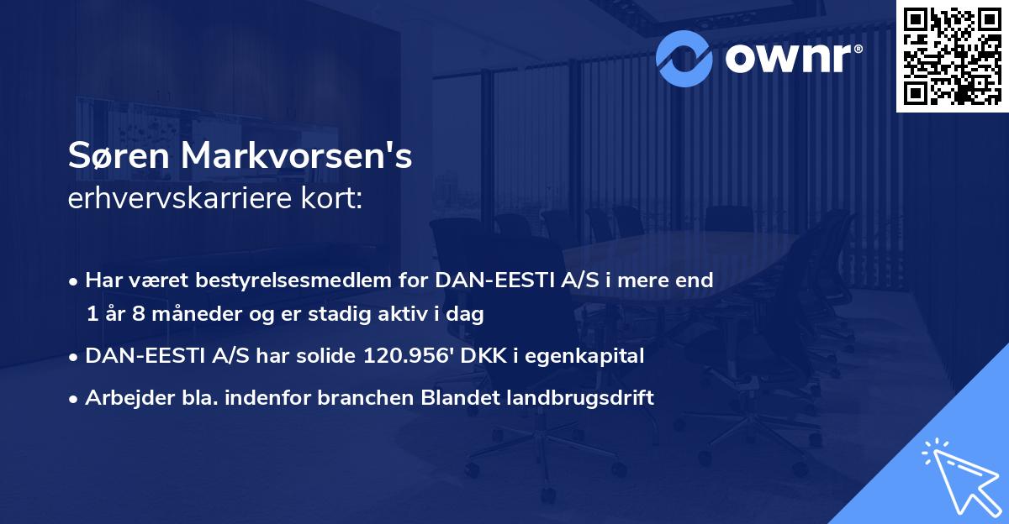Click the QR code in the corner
click(952, 55)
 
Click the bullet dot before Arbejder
click(76, 399)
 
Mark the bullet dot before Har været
click(76, 281)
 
